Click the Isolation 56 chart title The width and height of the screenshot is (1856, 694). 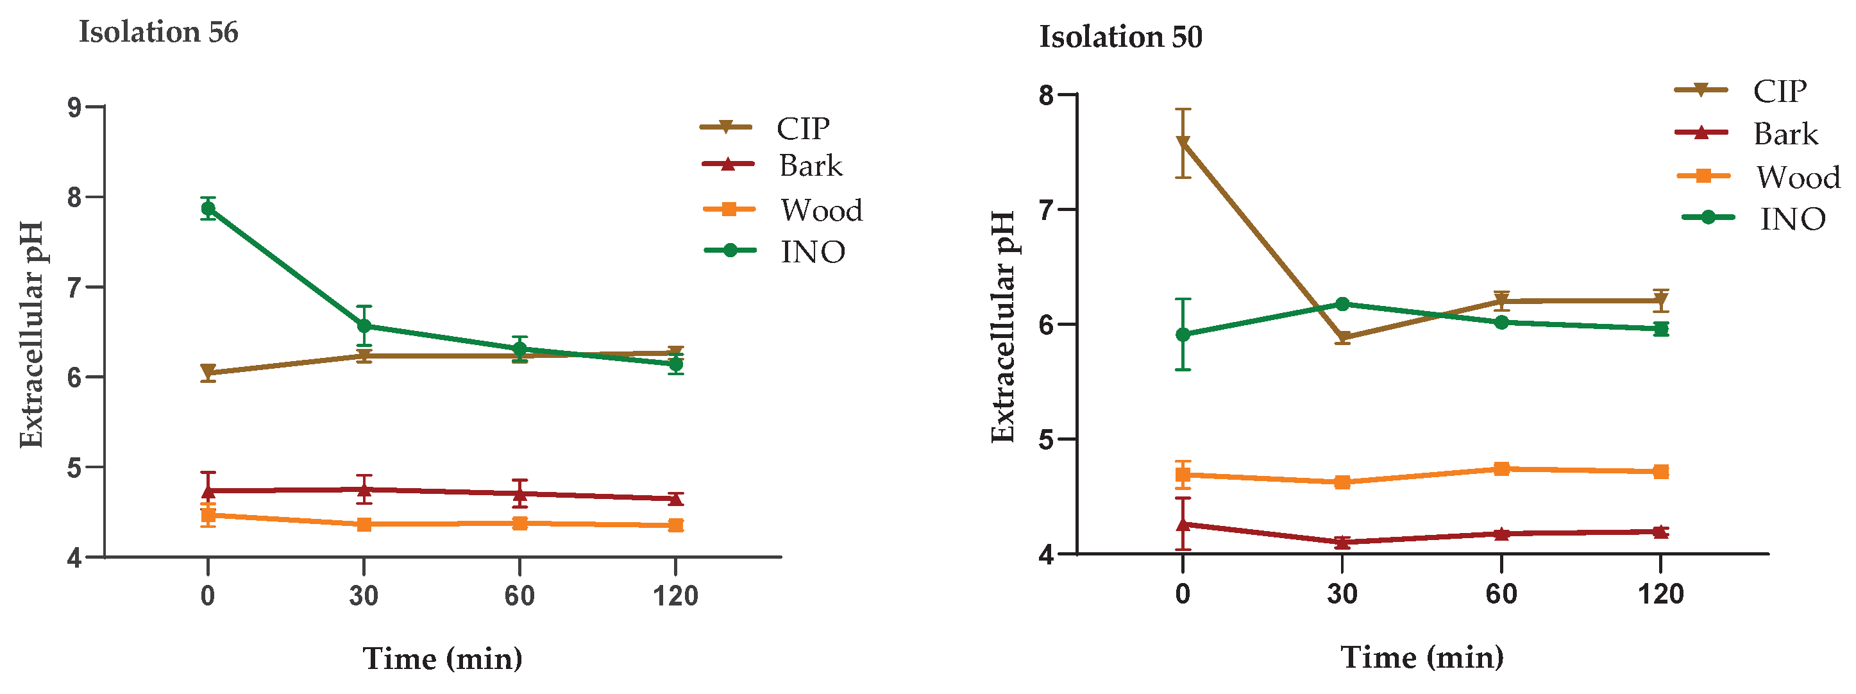click(158, 33)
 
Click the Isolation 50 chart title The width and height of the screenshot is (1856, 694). click(1120, 37)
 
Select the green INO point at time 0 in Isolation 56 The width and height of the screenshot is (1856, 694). click(208, 209)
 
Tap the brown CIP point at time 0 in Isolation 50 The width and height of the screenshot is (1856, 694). click(1183, 142)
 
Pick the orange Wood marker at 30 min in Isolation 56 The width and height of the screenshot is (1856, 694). click(364, 524)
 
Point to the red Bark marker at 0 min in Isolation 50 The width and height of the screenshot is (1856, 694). click(1183, 524)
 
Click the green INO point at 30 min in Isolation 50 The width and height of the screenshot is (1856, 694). click(1342, 304)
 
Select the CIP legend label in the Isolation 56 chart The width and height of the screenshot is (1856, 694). click(803, 129)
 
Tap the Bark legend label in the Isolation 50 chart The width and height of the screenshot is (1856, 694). click(1785, 134)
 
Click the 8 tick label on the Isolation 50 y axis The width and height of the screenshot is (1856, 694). click(1046, 95)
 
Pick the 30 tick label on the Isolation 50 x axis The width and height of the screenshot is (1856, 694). click(1342, 595)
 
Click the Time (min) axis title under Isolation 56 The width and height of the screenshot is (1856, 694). click(443, 659)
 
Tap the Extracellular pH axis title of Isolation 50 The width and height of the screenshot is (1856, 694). click(1003, 326)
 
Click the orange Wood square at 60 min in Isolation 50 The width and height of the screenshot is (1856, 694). click(1501, 469)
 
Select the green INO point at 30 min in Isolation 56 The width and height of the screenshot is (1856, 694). click(364, 326)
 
